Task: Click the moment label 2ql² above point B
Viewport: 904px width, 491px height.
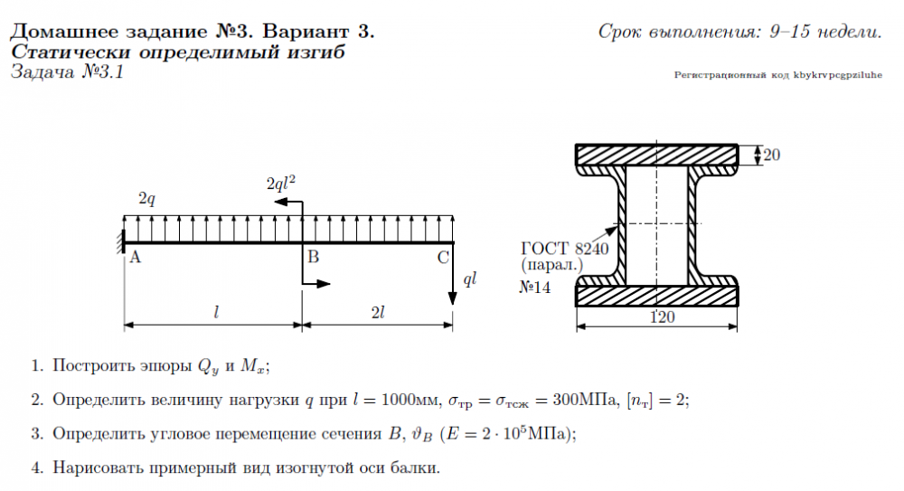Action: [x=281, y=182]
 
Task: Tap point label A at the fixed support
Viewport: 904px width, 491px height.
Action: [x=136, y=258]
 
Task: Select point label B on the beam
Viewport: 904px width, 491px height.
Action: [x=314, y=258]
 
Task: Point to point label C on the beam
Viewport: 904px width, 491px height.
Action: [x=442, y=258]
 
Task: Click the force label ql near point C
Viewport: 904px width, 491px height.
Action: [x=469, y=279]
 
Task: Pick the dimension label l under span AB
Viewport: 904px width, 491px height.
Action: [x=216, y=313]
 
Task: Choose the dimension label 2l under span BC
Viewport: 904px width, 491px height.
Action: [x=379, y=313]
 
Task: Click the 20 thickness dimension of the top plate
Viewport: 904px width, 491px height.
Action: [x=771, y=155]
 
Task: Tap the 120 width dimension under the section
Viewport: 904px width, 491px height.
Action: [x=664, y=317]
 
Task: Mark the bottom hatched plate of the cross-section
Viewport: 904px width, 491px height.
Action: [x=658, y=296]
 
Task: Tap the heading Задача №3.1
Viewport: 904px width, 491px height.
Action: [x=66, y=72]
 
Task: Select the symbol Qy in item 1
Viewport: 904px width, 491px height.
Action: [x=209, y=367]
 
